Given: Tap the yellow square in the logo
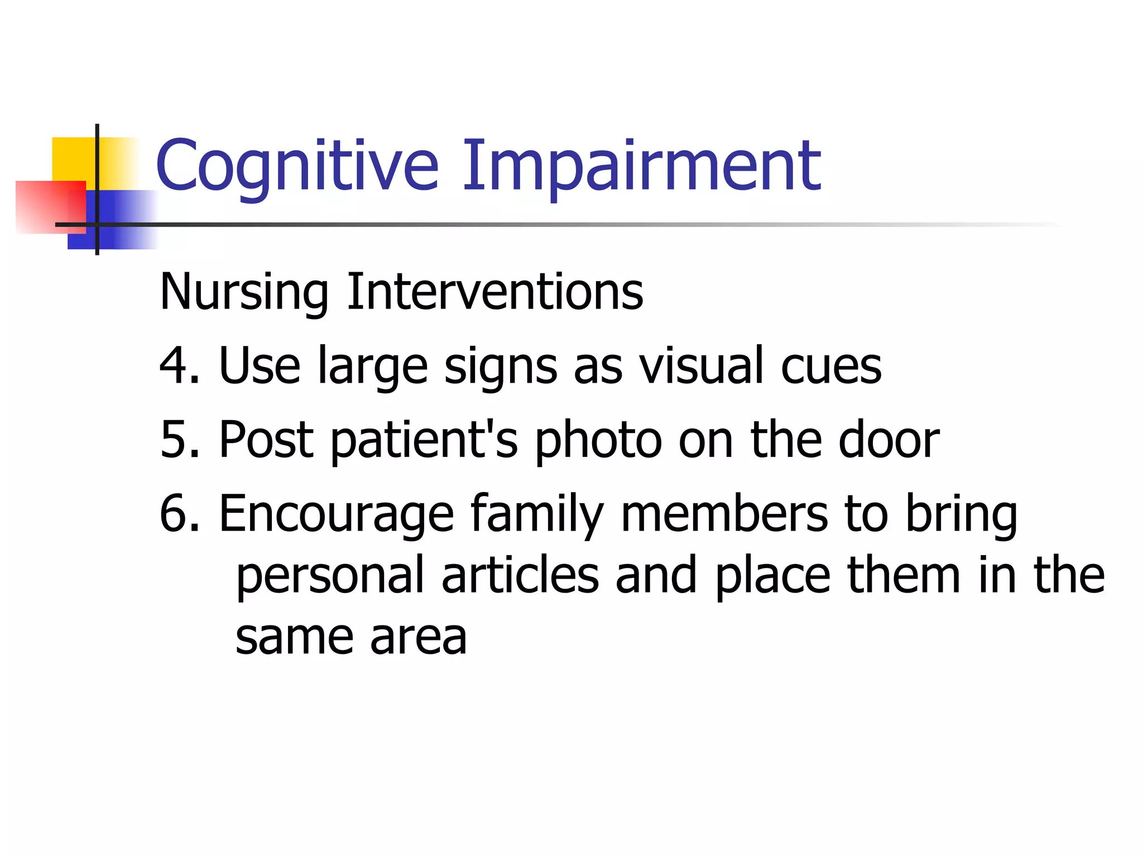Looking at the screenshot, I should click(x=73, y=159).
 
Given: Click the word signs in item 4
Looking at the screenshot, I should click(x=501, y=367).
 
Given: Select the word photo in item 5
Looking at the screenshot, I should click(x=597, y=441).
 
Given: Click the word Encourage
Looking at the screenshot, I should click(x=337, y=514).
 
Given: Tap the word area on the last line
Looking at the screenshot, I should click(x=418, y=638).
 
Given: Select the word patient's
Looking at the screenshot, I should click(x=424, y=441).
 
